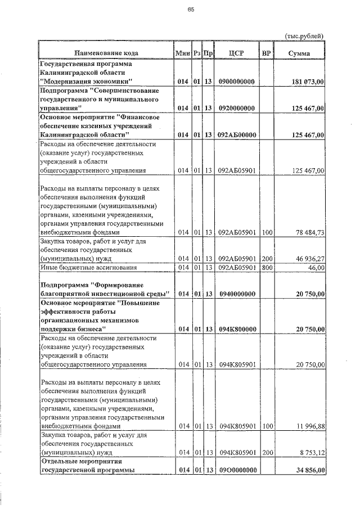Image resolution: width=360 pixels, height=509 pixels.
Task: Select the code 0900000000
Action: (x=236, y=82)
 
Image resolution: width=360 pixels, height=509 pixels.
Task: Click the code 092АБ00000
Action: (x=236, y=135)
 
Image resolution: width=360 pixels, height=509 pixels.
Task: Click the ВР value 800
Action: (x=267, y=267)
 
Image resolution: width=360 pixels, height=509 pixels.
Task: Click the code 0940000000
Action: (x=236, y=294)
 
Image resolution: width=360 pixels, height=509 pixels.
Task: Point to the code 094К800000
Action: (x=236, y=329)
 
